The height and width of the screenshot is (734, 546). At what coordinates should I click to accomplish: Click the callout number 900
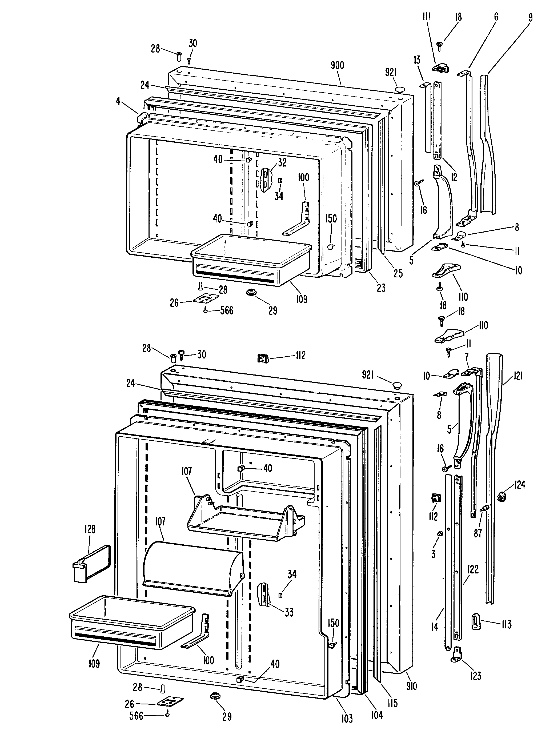click(337, 65)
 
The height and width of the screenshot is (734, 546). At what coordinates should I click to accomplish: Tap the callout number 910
click(412, 686)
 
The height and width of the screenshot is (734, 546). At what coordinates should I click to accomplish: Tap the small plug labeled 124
click(502, 496)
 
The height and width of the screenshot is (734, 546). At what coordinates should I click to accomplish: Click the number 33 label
click(289, 612)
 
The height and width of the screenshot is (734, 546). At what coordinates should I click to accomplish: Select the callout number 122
click(473, 569)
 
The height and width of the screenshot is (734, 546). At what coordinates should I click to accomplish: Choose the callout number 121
click(518, 376)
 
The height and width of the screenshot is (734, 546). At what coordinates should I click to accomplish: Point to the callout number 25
click(398, 273)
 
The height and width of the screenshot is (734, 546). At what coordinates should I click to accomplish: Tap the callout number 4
click(118, 101)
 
